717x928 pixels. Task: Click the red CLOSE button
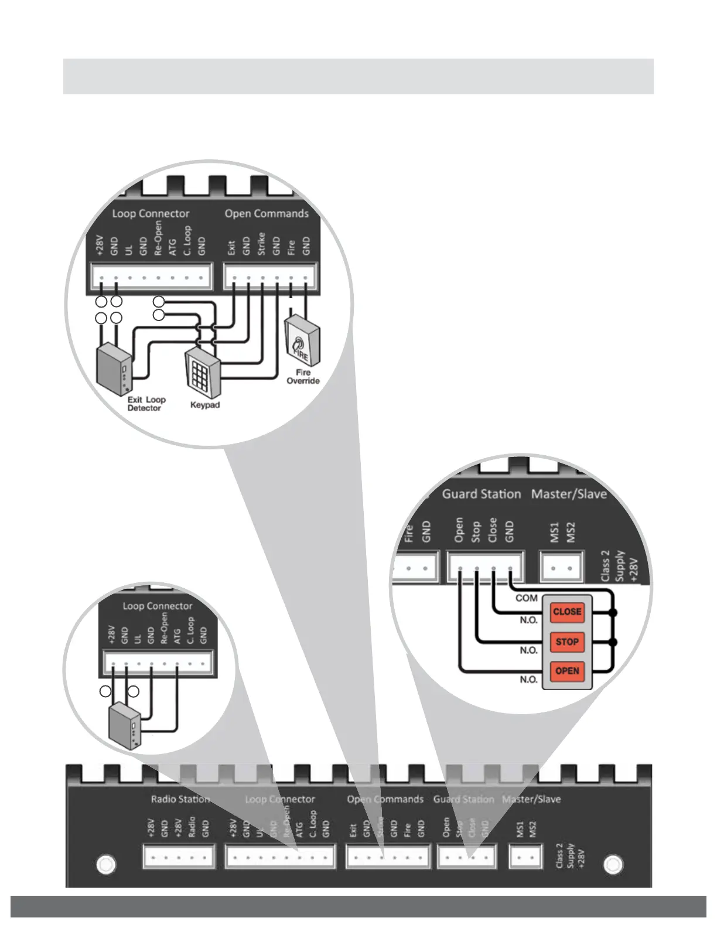point(567,612)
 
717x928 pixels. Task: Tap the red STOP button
point(567,642)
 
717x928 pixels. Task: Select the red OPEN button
point(567,671)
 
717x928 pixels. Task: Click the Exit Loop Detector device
point(113,369)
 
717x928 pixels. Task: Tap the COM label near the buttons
point(526,598)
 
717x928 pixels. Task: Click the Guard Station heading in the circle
point(481,494)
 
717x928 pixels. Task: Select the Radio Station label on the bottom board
point(180,799)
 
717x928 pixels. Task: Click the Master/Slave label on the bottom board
point(531,799)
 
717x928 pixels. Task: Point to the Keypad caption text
point(205,405)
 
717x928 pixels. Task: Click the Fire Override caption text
point(303,377)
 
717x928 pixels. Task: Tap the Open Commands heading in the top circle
point(267,214)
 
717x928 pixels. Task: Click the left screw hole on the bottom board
point(105,864)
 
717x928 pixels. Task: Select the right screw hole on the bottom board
point(613,864)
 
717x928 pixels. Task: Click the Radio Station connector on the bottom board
point(179,857)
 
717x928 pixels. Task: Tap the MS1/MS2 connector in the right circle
point(561,567)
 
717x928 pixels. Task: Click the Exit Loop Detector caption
point(146,404)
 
